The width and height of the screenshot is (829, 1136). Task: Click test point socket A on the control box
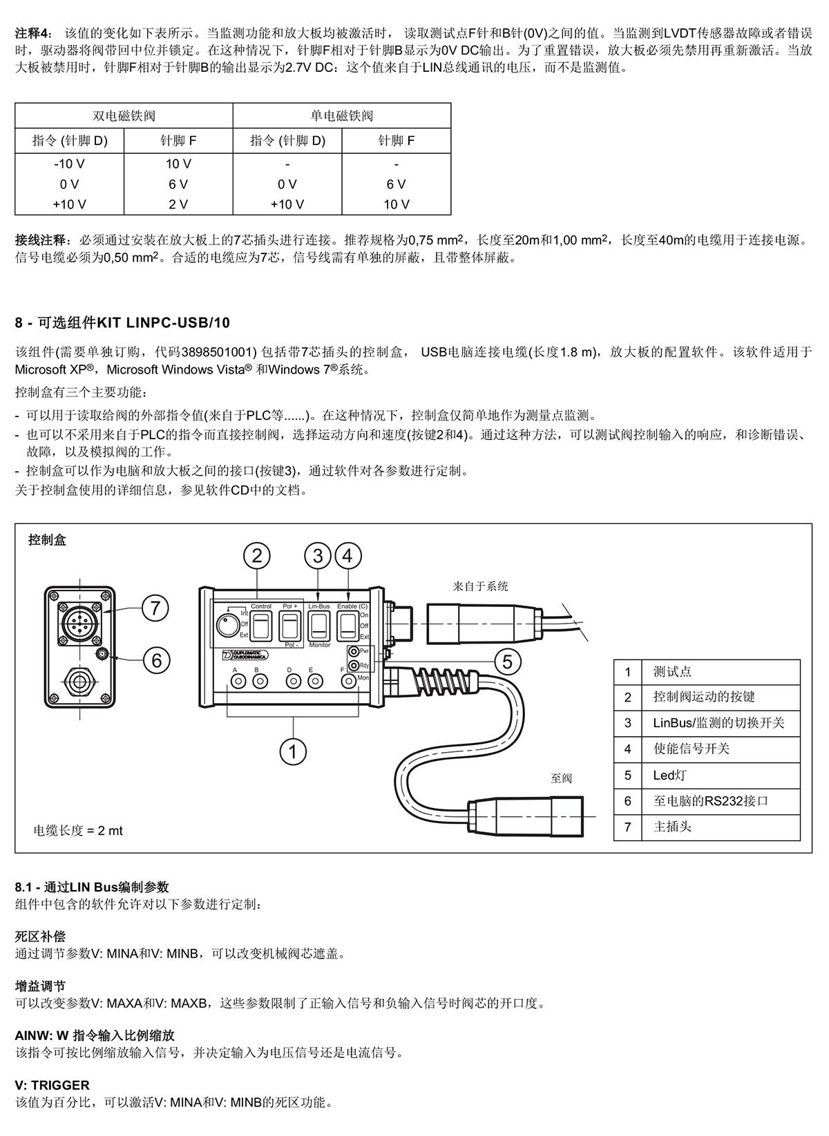point(238,682)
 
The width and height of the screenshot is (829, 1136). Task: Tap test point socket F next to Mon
point(349,682)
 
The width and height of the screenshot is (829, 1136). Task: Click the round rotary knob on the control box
point(228,626)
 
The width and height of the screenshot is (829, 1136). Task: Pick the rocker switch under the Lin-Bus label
point(319,626)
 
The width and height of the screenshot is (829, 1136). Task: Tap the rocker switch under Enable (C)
point(348,626)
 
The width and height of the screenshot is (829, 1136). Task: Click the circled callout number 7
point(155,608)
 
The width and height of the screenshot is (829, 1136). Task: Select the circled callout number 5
point(507,662)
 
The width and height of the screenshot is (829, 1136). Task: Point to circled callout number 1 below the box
point(293,751)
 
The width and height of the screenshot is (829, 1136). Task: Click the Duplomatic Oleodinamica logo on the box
point(245,655)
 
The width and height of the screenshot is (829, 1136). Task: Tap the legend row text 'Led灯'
point(669,775)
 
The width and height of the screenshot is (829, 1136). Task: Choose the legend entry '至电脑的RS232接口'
point(711,801)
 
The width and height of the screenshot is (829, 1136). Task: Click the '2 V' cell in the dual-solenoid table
point(178,204)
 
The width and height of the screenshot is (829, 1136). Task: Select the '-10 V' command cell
point(69,164)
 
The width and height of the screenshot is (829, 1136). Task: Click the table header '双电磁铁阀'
point(124,115)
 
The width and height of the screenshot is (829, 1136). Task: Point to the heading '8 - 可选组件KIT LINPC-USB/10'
point(122,322)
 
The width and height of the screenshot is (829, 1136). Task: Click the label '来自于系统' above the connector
point(480,586)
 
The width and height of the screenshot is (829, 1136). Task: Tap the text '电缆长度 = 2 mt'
point(78,831)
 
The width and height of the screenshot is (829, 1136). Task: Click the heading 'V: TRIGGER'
point(53,1086)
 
